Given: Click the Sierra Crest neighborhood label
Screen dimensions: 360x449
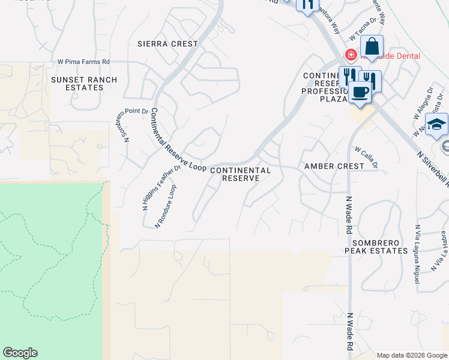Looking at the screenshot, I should pyautogui.click(x=167, y=44).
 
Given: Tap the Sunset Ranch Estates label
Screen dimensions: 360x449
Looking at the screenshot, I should pyautogui.click(x=84, y=83).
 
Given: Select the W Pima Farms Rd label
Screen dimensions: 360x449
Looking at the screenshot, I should pyautogui.click(x=83, y=62).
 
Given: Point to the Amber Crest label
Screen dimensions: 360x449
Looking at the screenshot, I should pyautogui.click(x=334, y=166).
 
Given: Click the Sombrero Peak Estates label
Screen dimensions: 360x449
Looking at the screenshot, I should pyautogui.click(x=376, y=246).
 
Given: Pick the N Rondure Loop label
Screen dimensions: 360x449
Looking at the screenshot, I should pyautogui.click(x=166, y=206).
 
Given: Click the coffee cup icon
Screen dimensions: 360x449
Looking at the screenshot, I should pyautogui.click(x=360, y=92).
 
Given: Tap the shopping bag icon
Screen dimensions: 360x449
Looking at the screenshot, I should pyautogui.click(x=372, y=47).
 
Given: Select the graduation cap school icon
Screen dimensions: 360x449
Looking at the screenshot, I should pyautogui.click(x=437, y=125).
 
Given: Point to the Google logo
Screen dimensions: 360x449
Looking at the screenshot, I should pyautogui.click(x=20, y=353).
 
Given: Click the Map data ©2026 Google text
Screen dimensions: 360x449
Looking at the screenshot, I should pyautogui.click(x=412, y=355).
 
